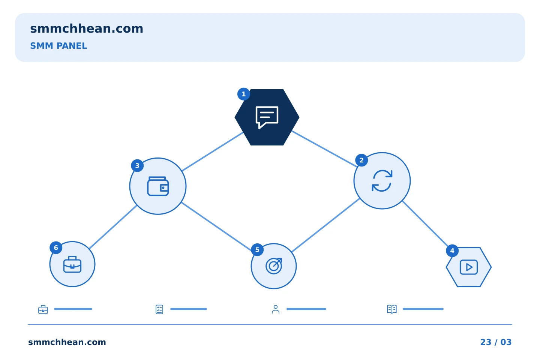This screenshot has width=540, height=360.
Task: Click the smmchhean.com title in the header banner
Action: (87, 29)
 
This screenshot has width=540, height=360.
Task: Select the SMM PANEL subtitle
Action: (58, 46)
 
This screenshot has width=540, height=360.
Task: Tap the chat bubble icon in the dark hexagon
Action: (267, 117)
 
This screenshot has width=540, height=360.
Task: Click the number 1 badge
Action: (243, 94)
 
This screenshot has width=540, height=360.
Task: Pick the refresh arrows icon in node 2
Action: (382, 181)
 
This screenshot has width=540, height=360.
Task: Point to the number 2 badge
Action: (361, 160)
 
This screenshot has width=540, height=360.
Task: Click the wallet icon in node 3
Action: (158, 186)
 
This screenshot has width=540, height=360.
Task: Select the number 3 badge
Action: (137, 166)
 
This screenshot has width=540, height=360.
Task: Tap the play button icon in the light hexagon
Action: (469, 267)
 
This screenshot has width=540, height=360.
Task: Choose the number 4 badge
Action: (452, 251)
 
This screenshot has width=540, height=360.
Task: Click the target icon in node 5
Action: (274, 266)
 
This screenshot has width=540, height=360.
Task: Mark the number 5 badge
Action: (257, 250)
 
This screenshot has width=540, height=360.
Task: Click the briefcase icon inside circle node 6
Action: (72, 264)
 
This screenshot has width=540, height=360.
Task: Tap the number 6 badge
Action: (56, 247)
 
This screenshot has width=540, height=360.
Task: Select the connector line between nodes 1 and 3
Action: (212, 151)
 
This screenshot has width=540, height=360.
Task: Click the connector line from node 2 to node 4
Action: (425, 223)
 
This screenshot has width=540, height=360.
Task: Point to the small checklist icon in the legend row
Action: (159, 309)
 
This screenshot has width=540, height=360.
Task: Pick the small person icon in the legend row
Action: (276, 309)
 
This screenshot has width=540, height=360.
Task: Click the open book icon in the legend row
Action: (392, 309)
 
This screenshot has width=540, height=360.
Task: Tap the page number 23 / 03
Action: (496, 342)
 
